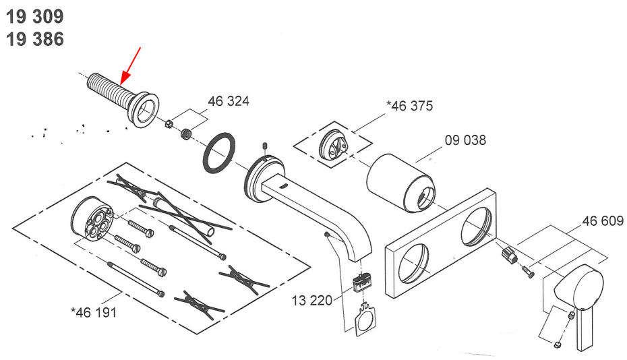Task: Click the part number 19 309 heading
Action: coord(35,16)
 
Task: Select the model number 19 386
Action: coord(35,39)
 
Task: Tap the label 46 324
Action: coord(229,101)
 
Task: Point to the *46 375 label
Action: coord(409,106)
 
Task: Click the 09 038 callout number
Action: coord(465,140)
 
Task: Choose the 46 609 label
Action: coord(603,221)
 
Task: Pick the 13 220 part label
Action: coord(312,301)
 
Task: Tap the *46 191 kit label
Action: coord(94,312)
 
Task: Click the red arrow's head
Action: coord(125,78)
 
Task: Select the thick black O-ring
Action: coord(219,154)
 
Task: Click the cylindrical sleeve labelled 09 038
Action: coord(400,183)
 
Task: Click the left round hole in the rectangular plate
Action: coord(413,263)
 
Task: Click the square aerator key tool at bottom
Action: coord(365,319)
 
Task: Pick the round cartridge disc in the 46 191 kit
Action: coord(92,219)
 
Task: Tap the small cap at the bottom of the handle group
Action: coord(558,344)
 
